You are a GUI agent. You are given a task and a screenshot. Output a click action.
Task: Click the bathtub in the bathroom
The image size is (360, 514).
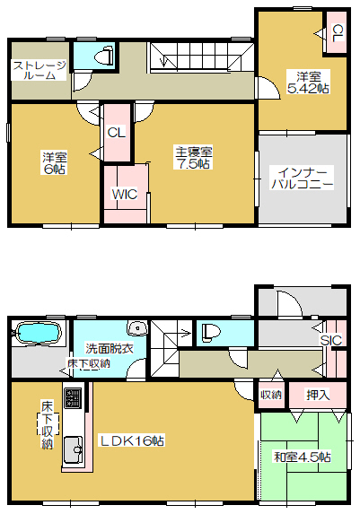39,333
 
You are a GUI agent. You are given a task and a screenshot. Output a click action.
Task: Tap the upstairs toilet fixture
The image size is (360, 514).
105,55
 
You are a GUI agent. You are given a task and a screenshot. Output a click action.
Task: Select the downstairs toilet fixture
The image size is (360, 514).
211,333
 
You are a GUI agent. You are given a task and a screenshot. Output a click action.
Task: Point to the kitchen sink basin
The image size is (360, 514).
73,449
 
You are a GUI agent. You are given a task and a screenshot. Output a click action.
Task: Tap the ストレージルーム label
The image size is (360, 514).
40,70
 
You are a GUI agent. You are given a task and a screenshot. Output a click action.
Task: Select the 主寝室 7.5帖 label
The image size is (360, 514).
194,158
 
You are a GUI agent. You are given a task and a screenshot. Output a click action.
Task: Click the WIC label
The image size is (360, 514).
125,195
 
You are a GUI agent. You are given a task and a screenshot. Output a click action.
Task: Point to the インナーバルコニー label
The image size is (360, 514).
303,178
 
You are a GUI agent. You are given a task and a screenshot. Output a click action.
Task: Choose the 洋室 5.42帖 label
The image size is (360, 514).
309,83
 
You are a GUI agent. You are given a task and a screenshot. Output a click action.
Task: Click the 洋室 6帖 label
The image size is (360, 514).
55,163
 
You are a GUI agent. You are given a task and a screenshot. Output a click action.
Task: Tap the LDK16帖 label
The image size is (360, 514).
132,441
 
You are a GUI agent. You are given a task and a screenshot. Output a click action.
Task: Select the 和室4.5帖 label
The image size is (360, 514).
303,457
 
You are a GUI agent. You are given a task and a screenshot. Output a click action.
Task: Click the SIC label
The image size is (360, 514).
331,340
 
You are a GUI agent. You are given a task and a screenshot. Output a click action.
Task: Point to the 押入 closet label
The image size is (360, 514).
318,395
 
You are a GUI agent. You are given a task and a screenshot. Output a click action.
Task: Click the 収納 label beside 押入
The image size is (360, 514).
271,395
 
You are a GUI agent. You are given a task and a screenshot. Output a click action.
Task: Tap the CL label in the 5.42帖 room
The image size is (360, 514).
338,33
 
